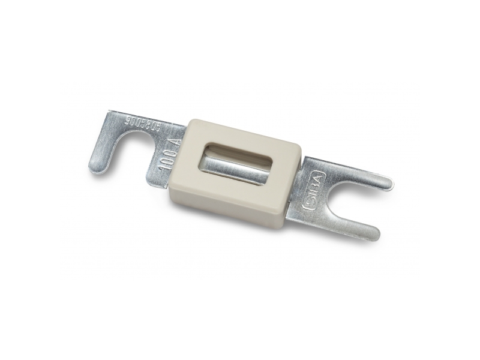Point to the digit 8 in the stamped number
151,126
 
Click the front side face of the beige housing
240,201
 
